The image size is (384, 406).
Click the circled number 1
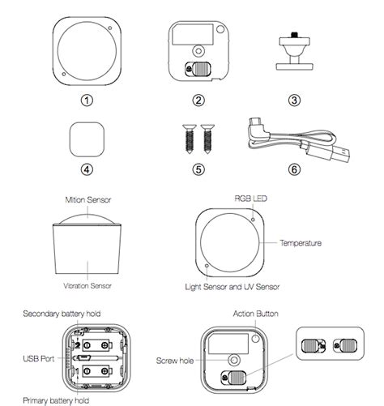(x=87, y=100)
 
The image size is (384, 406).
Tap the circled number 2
(x=198, y=100)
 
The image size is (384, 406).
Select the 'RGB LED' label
(x=249, y=198)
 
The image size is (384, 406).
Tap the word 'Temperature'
(x=301, y=242)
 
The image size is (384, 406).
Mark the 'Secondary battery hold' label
(x=60, y=313)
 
